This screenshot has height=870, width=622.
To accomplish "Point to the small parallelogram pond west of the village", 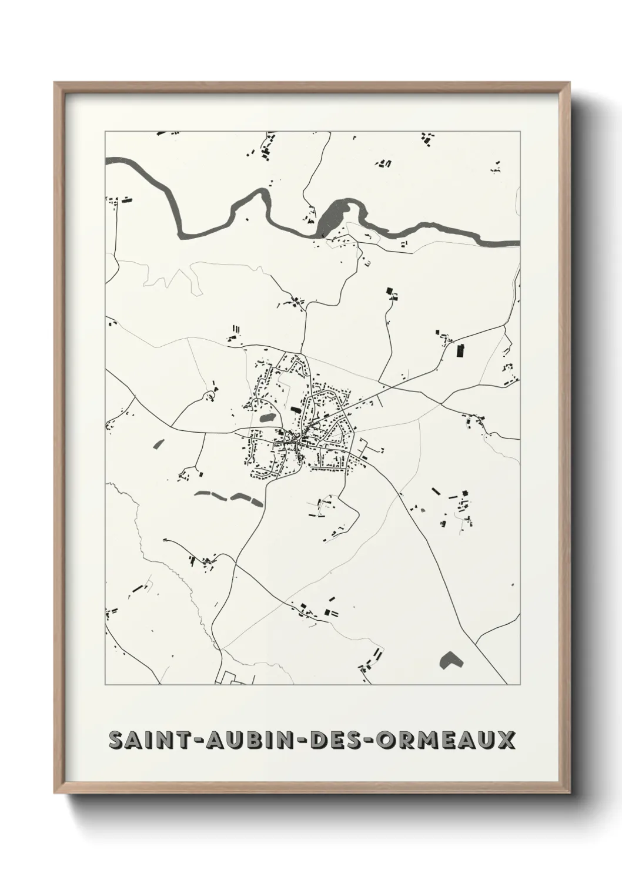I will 159,444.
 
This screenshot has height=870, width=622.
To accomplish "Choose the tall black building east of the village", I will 460,351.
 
